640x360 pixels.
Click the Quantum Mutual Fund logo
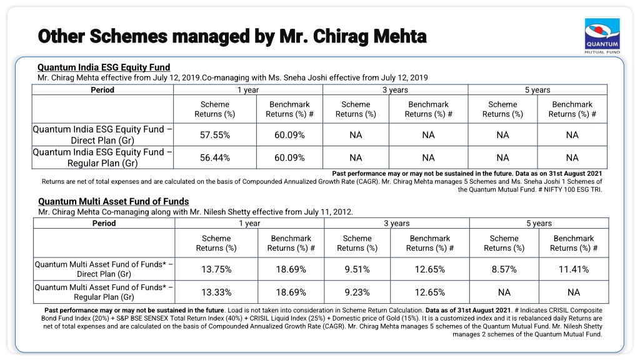tap(602, 36)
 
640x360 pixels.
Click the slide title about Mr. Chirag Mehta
tap(232, 36)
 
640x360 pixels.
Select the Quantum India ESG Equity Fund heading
tap(104, 67)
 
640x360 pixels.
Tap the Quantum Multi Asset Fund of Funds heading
tap(114, 201)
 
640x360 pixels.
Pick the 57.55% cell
tap(215, 135)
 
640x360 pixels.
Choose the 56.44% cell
tap(215, 157)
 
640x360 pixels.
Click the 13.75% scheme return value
tap(216, 269)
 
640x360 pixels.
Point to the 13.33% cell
tap(216, 292)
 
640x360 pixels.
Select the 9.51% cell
tap(357, 269)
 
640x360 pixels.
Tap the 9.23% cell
tap(357, 292)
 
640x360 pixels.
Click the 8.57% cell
tap(504, 269)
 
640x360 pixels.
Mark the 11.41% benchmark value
tap(574, 269)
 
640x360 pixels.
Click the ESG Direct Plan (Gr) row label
tap(102, 135)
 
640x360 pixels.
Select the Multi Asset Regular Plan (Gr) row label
tap(104, 292)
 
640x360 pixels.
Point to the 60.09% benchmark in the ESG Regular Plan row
tap(289, 157)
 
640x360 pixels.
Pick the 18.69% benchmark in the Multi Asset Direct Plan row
tap(291, 269)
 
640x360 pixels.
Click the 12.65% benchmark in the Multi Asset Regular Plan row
tap(430, 292)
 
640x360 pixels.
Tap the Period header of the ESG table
tap(102, 90)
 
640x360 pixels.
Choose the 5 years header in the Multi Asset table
tap(539, 223)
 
